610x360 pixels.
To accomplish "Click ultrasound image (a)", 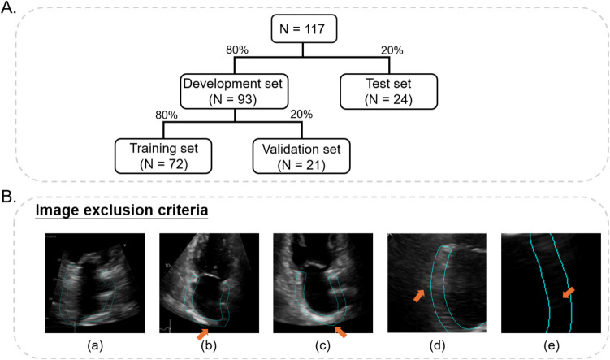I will coord(95,283).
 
